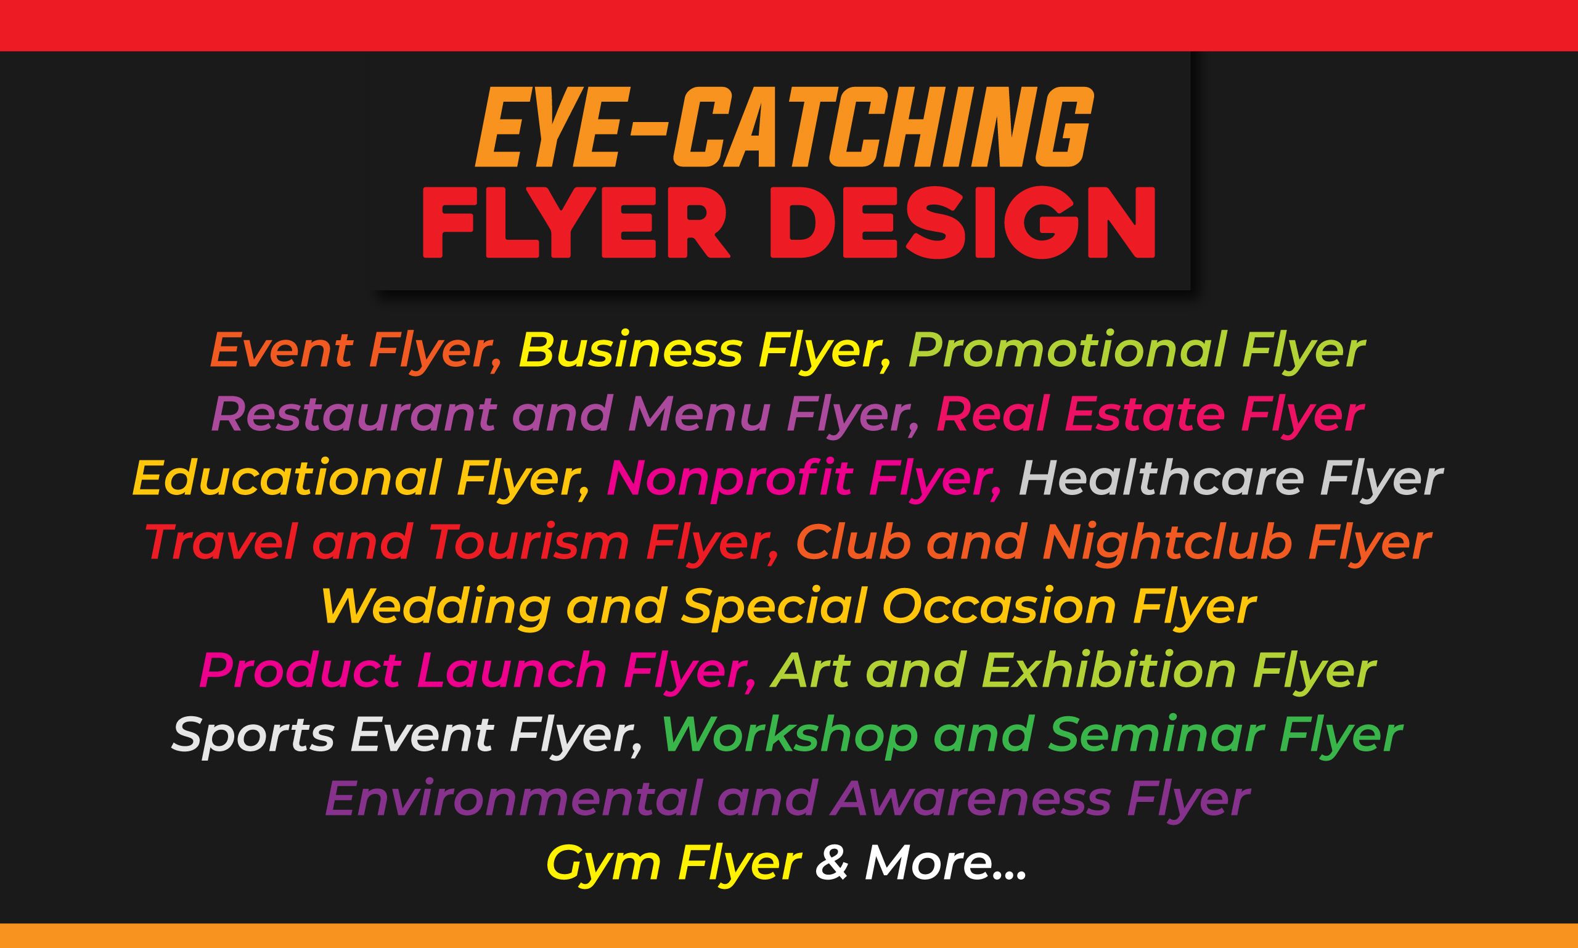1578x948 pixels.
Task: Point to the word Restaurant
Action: (353, 414)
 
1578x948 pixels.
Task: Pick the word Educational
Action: (286, 478)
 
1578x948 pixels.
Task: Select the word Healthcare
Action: (1161, 478)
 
